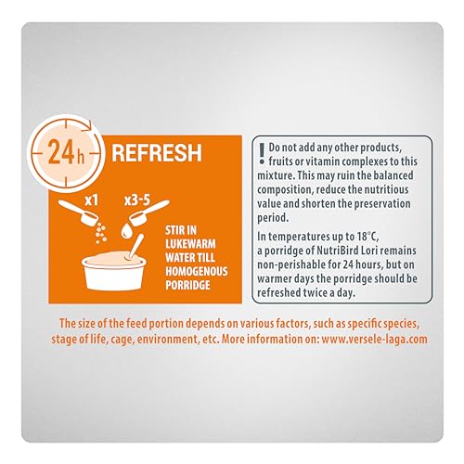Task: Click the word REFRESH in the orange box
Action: click(157, 153)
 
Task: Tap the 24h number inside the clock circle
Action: click(66, 152)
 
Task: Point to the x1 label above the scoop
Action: click(92, 200)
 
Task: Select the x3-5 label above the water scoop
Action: click(137, 200)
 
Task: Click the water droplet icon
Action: click(126, 231)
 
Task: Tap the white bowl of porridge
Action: click(114, 272)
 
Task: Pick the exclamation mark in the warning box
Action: click(263, 153)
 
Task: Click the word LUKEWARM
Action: click(190, 244)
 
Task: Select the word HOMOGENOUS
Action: click(197, 271)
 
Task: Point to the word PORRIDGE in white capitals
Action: click(187, 285)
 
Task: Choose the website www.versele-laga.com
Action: click(374, 339)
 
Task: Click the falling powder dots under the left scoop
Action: click(101, 234)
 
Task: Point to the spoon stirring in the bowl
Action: click(135, 247)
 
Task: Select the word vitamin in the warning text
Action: click(326, 161)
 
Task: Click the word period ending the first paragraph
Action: click(273, 218)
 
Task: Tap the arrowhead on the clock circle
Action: click(89, 126)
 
